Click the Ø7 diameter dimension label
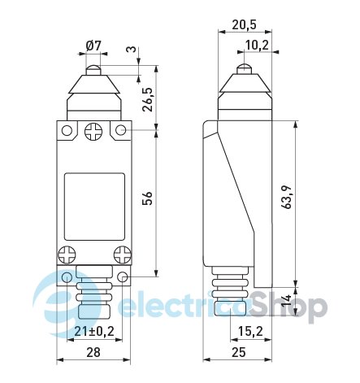(93, 46)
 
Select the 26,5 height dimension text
(148, 99)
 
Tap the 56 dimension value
(148, 198)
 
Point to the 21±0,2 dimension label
(94, 331)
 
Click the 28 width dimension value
(93, 352)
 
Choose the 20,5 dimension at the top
(244, 25)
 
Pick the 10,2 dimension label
(257, 45)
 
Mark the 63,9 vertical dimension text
(286, 197)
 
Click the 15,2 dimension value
(250, 331)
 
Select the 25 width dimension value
(239, 352)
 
